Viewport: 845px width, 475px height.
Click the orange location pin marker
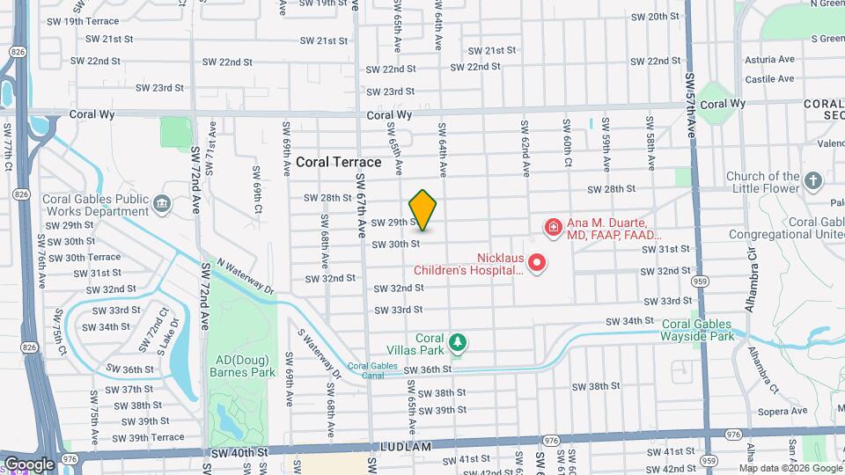tap(423, 210)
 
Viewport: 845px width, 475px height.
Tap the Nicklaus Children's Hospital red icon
tap(535, 263)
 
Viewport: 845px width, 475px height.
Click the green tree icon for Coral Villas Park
tap(456, 341)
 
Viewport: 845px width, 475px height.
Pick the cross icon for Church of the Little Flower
tap(813, 182)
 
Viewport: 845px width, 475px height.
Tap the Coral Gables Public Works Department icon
tap(162, 205)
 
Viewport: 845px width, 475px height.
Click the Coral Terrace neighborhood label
tap(338, 162)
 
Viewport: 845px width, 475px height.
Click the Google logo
tap(28, 464)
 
